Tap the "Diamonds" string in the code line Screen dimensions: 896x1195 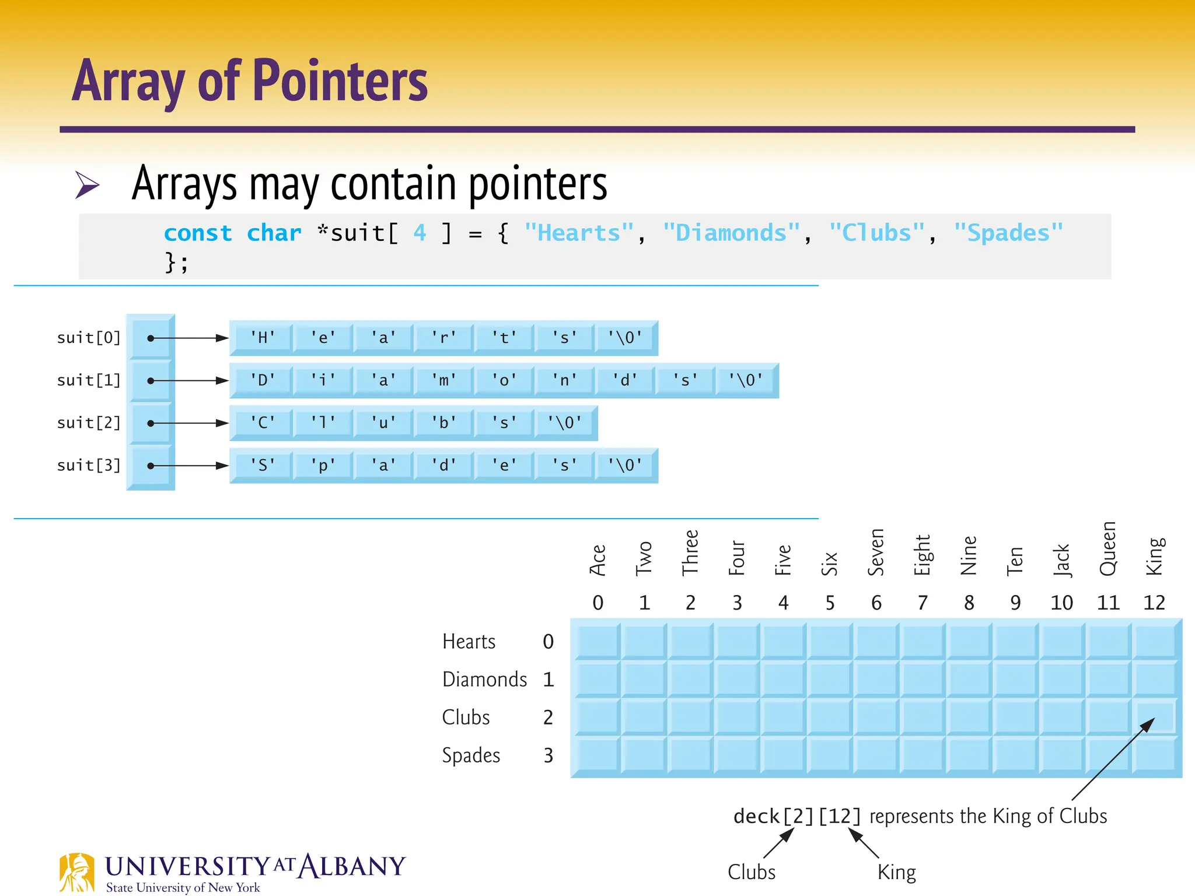point(731,233)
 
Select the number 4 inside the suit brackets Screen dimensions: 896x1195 point(420,233)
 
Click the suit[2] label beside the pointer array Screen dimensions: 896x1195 point(89,423)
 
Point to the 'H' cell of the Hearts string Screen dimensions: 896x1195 point(263,338)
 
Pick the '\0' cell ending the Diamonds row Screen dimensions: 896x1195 point(746,380)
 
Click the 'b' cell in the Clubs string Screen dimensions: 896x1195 point(443,423)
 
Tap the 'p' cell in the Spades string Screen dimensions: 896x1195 point(323,466)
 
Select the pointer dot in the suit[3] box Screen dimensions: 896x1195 point(151,466)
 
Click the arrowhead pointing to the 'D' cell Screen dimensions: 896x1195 point(222,380)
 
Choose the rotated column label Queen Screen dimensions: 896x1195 point(1107,548)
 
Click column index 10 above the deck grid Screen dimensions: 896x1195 point(1061,603)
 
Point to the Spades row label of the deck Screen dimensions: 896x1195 point(471,755)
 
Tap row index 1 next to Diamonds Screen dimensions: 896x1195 point(548,680)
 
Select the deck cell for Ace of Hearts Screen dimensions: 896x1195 point(597,641)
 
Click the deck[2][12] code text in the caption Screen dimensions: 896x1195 point(797,816)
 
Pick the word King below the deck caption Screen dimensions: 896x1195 point(897,872)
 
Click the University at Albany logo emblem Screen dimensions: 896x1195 point(76,872)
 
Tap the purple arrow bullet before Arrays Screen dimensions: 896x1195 point(88,185)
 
